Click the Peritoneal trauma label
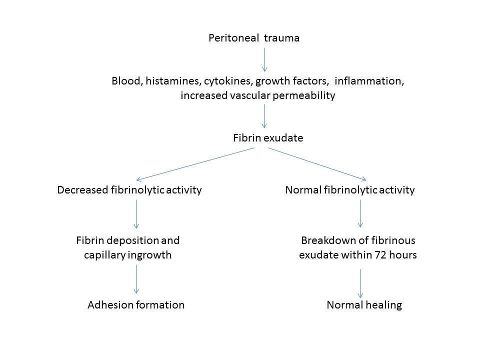pos(254,38)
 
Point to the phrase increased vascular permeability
pos(257,95)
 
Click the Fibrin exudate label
pos(268,138)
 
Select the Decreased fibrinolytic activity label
pos(129,190)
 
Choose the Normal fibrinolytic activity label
pos(349,190)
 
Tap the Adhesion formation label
pos(136,304)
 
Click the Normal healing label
pos(364,304)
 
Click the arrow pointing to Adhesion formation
pos(136,279)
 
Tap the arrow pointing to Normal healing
pos(360,283)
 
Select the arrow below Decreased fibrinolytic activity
pos(136,213)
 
